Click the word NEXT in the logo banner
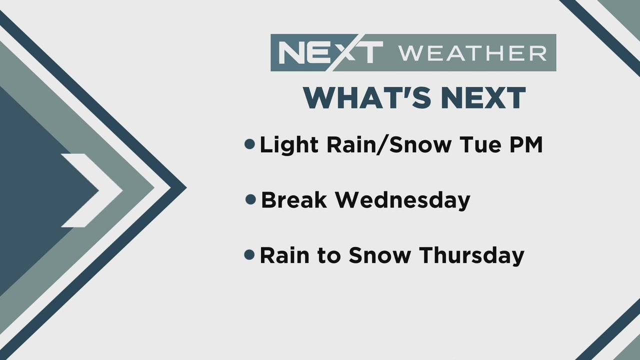point(331,52)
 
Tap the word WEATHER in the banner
point(472,53)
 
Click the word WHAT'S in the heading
point(367,97)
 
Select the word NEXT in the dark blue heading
point(483,98)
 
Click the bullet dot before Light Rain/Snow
point(249,144)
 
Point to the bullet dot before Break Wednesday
point(250,199)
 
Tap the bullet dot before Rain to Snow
point(249,254)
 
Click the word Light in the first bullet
point(289,145)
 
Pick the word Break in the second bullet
point(294,199)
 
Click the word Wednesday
point(403,200)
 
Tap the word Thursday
point(471,255)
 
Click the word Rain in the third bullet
point(284,255)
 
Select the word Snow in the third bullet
point(379,255)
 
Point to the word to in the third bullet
point(329,255)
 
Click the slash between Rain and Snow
point(382,145)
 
